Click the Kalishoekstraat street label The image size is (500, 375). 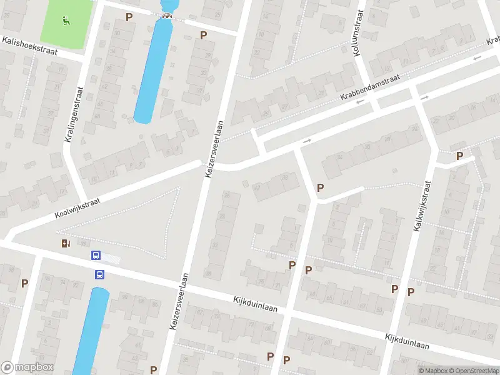(29, 47)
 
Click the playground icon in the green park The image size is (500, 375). (66, 20)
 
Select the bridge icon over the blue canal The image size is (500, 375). (166, 16)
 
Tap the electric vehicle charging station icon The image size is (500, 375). (66, 243)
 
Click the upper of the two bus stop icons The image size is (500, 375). (96, 255)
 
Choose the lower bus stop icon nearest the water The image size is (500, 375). (99, 274)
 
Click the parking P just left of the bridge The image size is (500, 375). (129, 17)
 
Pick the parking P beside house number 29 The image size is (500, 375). (203, 35)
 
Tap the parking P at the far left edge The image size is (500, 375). (24, 283)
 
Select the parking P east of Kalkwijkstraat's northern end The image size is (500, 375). (460, 156)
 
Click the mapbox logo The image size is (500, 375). (27, 367)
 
